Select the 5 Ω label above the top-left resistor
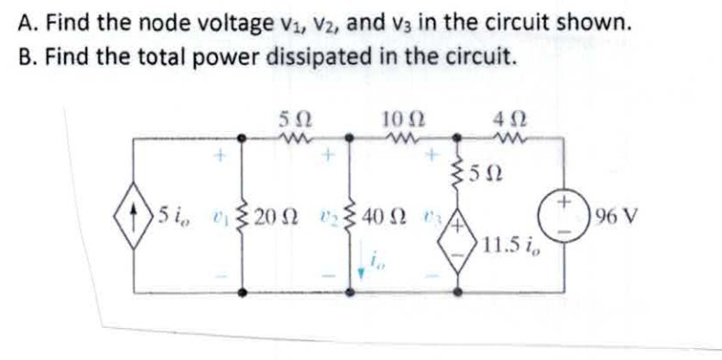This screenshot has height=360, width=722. (296, 117)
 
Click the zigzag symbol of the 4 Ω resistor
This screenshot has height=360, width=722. (506, 138)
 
